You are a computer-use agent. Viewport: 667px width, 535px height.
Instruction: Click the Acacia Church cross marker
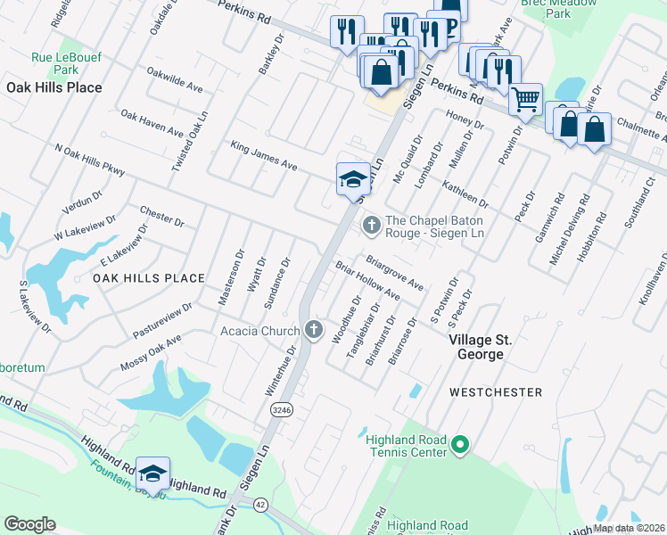click(x=313, y=330)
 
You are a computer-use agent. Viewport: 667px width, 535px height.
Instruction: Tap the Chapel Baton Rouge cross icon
click(x=371, y=226)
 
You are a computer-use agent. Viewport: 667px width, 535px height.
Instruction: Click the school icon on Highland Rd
click(x=152, y=473)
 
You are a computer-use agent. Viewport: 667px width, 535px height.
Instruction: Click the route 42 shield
click(x=259, y=504)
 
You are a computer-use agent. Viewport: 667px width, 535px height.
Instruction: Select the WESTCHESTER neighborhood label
click(x=495, y=391)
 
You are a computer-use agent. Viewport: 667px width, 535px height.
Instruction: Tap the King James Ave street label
click(x=264, y=155)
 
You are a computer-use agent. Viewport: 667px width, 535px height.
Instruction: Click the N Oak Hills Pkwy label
click(x=91, y=162)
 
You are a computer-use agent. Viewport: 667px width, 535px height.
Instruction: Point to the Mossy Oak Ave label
click(x=150, y=353)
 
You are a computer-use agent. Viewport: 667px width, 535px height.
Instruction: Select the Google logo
click(x=29, y=523)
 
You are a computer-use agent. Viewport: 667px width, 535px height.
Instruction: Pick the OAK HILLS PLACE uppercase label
click(x=149, y=278)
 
